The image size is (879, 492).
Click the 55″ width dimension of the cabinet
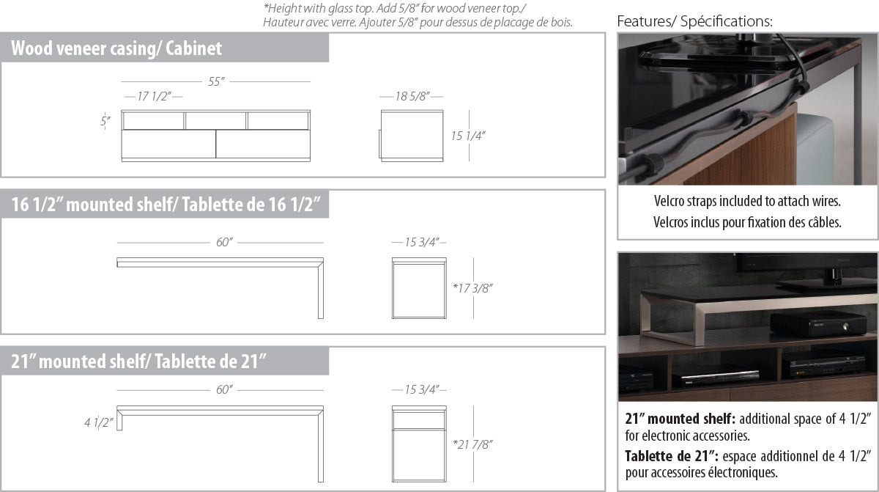click(x=216, y=81)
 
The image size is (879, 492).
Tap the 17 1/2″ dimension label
click(x=154, y=96)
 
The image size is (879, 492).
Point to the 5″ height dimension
click(x=105, y=121)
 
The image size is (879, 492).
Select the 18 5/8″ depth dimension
click(x=412, y=96)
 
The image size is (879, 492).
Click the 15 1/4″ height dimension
click(x=468, y=136)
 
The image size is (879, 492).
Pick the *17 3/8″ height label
click(x=472, y=288)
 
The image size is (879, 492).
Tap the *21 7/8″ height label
click(x=472, y=444)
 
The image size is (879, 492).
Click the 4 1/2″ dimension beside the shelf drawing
click(x=98, y=422)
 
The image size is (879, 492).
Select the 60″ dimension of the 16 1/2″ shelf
click(x=224, y=242)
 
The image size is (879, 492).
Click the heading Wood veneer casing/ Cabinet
click(x=116, y=48)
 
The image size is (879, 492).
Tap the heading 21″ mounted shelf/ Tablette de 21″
click(x=138, y=361)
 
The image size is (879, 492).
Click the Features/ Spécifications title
click(x=694, y=21)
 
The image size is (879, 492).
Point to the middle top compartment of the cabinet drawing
click(x=215, y=120)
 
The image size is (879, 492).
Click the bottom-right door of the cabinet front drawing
click(x=263, y=144)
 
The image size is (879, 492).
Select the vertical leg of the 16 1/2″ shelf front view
click(x=321, y=290)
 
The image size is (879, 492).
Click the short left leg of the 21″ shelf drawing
click(x=119, y=420)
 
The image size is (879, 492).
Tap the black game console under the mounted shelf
click(x=817, y=323)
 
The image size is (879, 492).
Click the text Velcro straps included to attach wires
click(x=747, y=201)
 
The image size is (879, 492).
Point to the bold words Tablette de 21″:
click(x=672, y=456)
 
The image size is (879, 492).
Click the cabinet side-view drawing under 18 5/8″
click(x=411, y=136)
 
